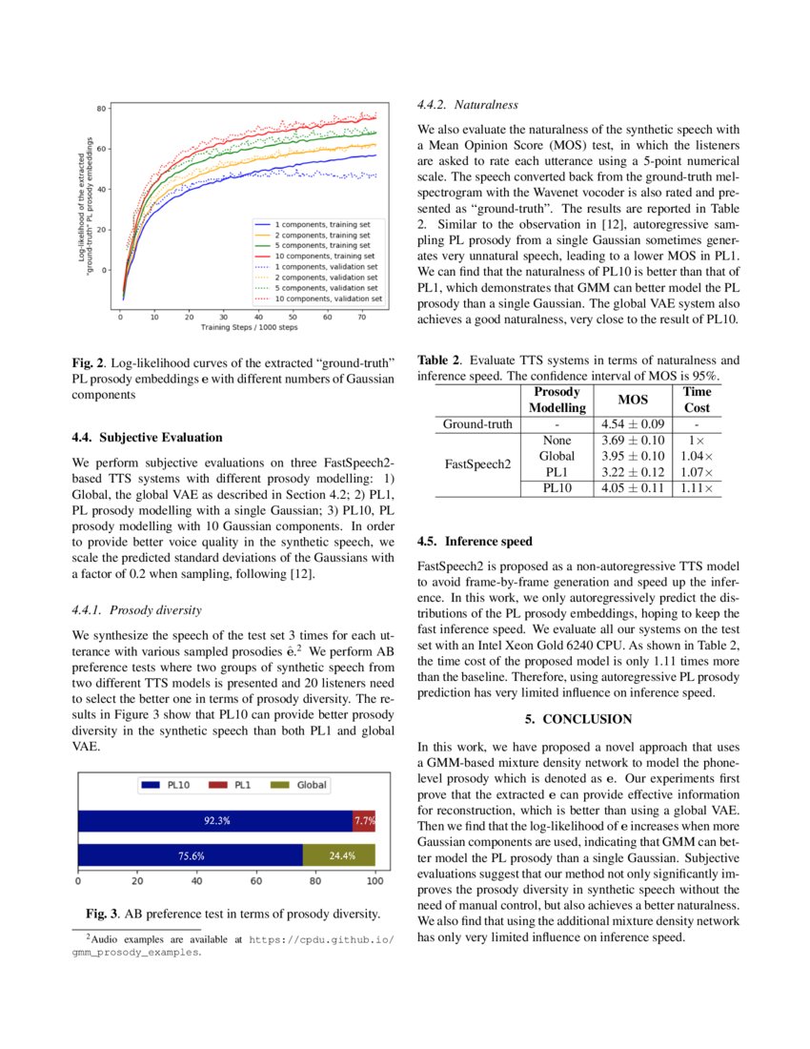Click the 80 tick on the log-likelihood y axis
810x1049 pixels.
[100, 109]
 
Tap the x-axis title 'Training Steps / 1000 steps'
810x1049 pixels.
[249, 328]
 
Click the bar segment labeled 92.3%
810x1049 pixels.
[215, 819]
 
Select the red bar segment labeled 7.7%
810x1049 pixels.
[364, 819]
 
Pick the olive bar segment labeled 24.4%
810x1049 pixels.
[339, 855]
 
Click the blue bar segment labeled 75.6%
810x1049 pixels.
[190, 855]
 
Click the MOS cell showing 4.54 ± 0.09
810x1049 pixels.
[633, 424]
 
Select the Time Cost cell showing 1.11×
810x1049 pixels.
[697, 488]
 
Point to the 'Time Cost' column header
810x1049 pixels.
[697, 400]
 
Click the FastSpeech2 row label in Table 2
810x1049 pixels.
[478, 464]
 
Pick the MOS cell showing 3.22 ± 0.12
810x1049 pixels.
[633, 472]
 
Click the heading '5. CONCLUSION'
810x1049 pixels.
[578, 718]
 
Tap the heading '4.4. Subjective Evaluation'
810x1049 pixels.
[148, 437]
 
